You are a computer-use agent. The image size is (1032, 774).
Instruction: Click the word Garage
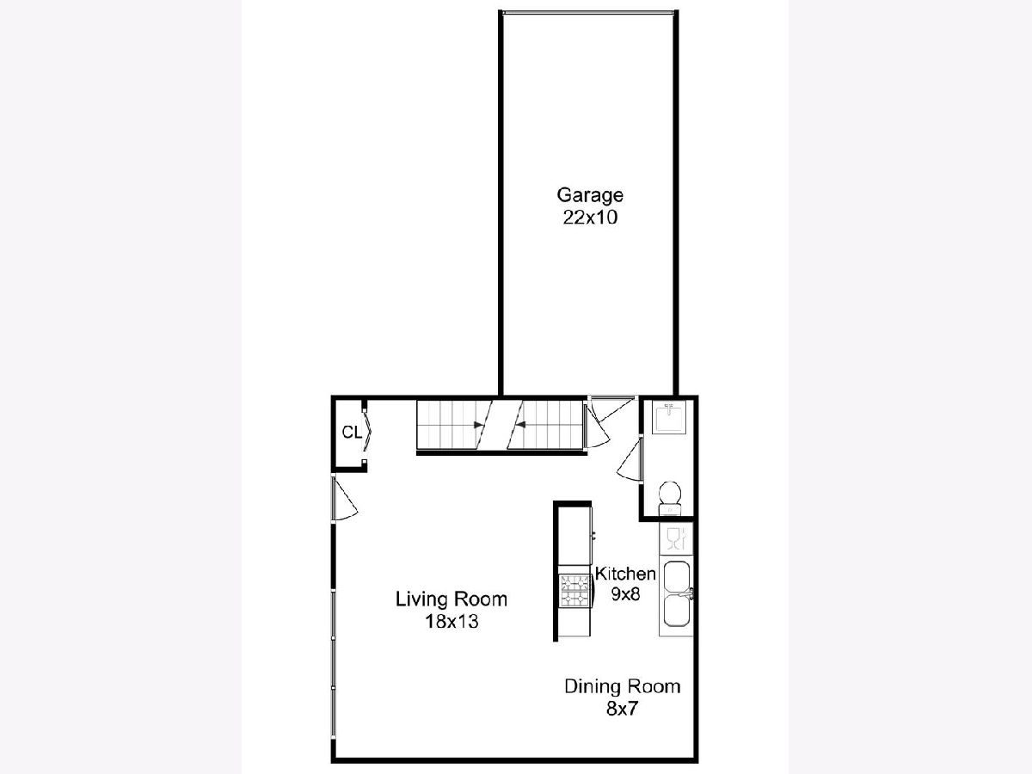tap(590, 195)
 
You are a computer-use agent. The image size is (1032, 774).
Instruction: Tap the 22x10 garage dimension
tap(590, 218)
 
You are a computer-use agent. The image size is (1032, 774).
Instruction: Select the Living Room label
tap(451, 599)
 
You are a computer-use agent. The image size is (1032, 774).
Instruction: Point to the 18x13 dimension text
tap(451, 622)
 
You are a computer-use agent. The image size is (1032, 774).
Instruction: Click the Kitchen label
tap(625, 574)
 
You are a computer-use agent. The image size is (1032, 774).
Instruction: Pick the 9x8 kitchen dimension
tap(626, 594)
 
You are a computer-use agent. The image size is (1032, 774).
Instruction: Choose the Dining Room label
tap(623, 686)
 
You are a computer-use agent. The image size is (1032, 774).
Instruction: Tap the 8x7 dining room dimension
tap(622, 709)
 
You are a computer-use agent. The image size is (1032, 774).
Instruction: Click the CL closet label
tap(352, 433)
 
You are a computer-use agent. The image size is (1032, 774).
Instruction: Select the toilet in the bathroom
tap(670, 499)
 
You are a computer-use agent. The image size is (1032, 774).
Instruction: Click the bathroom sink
tap(669, 417)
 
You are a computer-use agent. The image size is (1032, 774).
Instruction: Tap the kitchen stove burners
tap(575, 591)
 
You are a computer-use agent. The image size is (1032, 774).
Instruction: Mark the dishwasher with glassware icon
tap(676, 538)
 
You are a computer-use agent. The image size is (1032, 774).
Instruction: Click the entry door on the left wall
tap(345, 499)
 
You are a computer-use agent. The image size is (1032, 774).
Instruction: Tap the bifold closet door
tap(367, 431)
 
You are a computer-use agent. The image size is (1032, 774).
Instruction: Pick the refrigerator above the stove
tap(574, 536)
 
